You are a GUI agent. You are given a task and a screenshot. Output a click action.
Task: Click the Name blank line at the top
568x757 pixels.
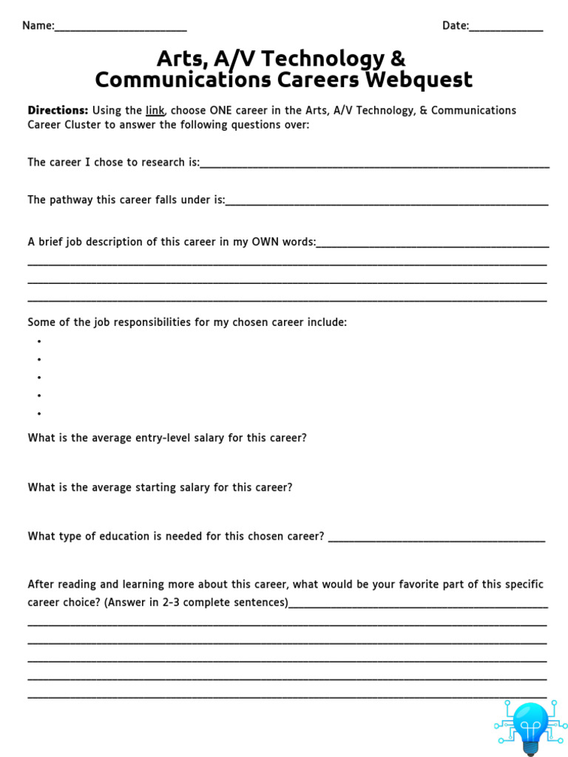point(121,28)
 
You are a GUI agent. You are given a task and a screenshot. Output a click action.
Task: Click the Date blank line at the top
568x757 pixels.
point(506,28)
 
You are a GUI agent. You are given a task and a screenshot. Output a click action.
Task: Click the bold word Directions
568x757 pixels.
point(58,110)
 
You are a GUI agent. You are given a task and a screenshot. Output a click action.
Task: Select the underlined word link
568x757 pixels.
point(155,110)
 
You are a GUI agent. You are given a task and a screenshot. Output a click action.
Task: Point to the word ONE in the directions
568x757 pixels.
point(222,110)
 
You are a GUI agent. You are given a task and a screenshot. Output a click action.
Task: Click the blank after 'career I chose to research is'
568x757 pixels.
point(374,164)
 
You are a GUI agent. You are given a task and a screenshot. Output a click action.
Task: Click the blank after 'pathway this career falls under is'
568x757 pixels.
point(387,202)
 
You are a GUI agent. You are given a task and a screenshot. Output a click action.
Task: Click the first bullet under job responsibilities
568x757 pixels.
point(38,342)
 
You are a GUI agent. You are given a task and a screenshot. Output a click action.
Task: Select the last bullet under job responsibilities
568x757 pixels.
point(38,414)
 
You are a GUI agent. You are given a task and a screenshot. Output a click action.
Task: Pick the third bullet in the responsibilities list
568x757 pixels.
point(38,378)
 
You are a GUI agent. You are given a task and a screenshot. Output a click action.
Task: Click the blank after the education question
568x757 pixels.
point(436,538)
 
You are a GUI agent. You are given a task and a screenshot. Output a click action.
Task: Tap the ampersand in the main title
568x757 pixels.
point(397,58)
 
